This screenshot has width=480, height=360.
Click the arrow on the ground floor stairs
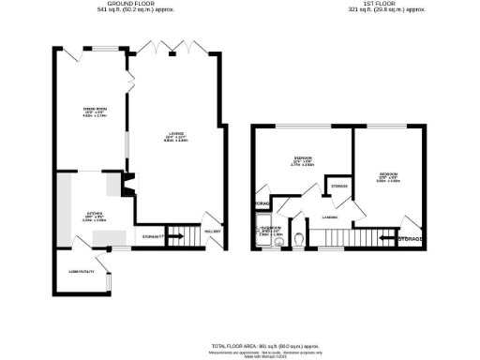point(175,236)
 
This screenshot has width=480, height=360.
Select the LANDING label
point(330,217)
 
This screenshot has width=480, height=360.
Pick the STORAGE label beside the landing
point(339,186)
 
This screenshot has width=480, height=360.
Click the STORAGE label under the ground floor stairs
point(153,236)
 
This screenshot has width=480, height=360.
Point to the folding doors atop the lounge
point(176,47)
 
